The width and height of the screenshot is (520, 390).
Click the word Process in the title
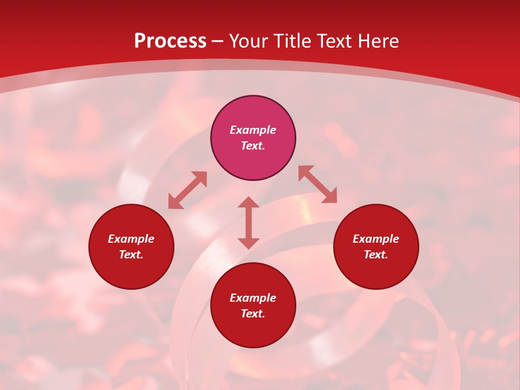170,41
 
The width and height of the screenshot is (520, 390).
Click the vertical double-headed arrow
249,223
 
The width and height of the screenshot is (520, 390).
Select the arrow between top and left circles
187,190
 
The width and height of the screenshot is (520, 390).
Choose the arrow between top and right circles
317,184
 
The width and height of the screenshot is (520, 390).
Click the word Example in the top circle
253,130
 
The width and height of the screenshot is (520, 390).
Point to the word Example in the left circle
131,239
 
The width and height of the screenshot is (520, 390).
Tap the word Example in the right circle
376,239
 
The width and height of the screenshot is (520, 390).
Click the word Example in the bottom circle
253,298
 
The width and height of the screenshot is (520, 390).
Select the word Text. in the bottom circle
253,314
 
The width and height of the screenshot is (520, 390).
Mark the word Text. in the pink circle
253,146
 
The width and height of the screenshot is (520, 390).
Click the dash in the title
218,41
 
